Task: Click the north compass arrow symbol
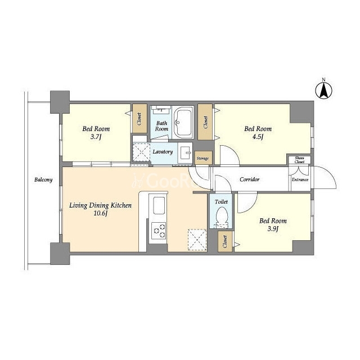[324, 91]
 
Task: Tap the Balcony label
[43, 179]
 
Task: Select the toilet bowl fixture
[222, 216]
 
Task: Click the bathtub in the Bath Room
[183, 123]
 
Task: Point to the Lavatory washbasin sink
[185, 152]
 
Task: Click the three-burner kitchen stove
[159, 231]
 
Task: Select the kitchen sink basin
[159, 206]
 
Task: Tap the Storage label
[203, 159]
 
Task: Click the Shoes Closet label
[300, 160]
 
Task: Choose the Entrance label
[300, 180]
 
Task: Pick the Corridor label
[250, 179]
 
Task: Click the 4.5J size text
[258, 137]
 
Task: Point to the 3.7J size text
[96, 137]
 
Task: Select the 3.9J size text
[273, 229]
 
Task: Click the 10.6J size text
[101, 213]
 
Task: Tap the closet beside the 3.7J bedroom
[139, 119]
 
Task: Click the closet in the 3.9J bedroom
[225, 242]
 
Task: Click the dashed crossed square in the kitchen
[197, 240]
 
